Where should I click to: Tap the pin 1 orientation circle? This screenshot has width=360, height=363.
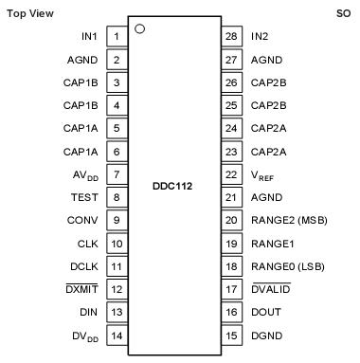tap(140, 28)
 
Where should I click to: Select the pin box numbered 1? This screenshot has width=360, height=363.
tap(117, 37)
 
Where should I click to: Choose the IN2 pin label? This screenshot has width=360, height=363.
tap(259, 37)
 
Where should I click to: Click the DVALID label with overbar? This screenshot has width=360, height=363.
tap(271, 290)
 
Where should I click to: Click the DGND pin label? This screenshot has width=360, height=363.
tap(266, 336)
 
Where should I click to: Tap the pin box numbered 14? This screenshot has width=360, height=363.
tap(117, 336)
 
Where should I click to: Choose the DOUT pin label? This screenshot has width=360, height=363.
tap(266, 313)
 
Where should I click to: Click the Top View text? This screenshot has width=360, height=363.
tap(30, 13)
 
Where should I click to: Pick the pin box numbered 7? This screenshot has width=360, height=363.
tap(117, 175)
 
